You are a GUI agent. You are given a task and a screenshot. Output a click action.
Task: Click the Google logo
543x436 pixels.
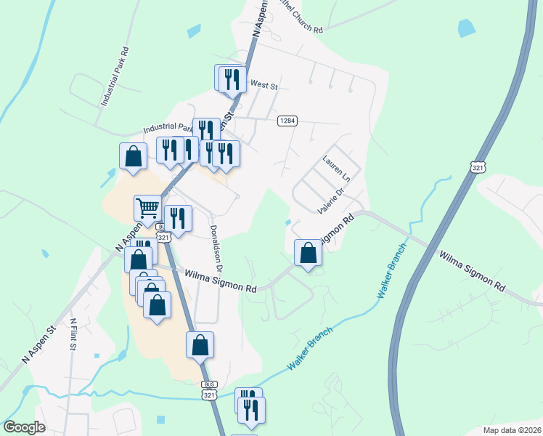[x=24, y=427]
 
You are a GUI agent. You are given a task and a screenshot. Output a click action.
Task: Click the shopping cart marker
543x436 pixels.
[x=147, y=208]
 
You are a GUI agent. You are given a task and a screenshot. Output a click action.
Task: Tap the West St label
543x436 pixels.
[x=264, y=86]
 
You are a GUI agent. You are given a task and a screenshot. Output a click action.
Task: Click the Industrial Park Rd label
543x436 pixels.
[x=115, y=78]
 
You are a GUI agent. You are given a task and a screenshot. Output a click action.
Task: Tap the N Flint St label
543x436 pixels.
[x=73, y=334]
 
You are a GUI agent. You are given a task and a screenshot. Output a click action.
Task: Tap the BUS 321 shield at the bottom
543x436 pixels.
[x=209, y=390]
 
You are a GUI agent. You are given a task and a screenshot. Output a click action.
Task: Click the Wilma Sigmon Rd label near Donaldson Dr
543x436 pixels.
[x=221, y=282]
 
